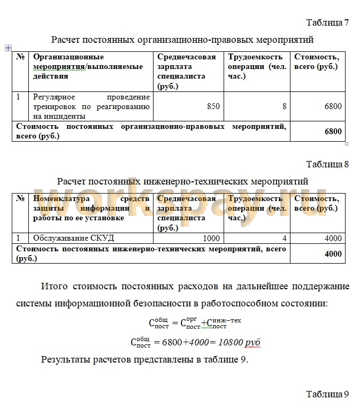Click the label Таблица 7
click(x=327, y=22)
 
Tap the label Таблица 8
click(x=327, y=164)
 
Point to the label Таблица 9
click(x=327, y=394)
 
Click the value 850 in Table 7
click(x=213, y=106)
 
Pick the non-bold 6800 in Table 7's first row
click(x=333, y=106)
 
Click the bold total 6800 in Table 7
click(x=333, y=131)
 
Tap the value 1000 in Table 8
click(x=212, y=238)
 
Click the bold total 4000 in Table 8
click(x=333, y=254)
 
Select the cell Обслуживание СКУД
click(x=74, y=238)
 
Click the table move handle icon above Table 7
click(x=8, y=48)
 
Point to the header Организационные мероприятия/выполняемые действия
click(x=88, y=66)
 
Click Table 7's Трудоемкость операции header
click(x=257, y=66)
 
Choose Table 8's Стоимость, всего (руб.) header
click(x=317, y=203)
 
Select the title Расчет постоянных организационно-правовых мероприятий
click(x=182, y=40)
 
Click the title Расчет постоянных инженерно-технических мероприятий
click(x=182, y=181)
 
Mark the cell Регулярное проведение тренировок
click(x=91, y=106)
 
